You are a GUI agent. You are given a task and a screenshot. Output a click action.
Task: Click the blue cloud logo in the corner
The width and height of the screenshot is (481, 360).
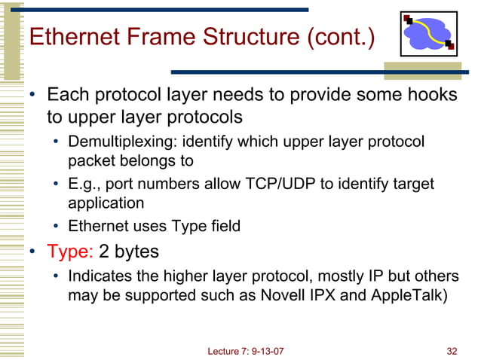point(428,34)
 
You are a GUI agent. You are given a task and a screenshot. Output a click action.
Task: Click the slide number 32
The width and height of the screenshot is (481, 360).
point(452,351)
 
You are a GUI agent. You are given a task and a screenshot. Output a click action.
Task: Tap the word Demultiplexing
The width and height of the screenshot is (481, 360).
point(114,142)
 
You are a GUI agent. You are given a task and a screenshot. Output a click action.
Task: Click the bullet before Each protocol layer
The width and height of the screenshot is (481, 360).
point(33,96)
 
